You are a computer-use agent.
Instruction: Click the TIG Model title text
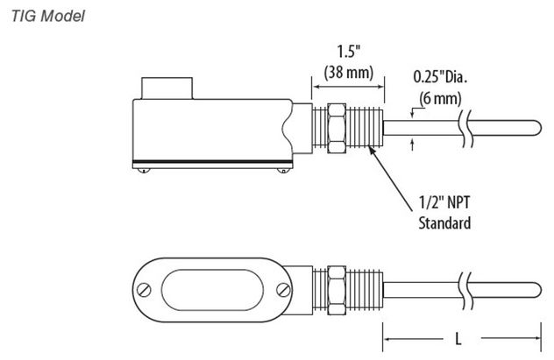point(48,17)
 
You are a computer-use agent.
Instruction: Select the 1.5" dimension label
point(348,52)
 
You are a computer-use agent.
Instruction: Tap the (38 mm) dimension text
point(349,73)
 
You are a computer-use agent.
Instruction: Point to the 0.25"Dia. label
point(440,77)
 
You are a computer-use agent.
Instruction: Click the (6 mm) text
point(440,98)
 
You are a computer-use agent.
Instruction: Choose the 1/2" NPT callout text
point(444,202)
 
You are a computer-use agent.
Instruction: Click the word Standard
point(444,223)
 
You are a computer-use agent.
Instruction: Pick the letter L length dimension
point(458,339)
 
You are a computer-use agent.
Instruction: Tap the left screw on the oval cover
point(144,290)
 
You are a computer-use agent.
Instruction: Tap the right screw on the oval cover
point(283,290)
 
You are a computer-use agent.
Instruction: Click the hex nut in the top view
point(337,128)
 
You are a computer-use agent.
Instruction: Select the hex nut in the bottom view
point(337,290)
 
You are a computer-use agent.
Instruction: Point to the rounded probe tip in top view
point(537,128)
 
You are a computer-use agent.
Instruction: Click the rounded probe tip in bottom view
point(537,290)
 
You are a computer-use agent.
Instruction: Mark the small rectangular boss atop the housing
point(167,88)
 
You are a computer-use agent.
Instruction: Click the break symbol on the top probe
point(465,128)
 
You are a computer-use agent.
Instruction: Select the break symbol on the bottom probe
point(465,290)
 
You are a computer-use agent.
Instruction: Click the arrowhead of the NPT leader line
point(371,149)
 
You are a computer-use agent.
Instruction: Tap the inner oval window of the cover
point(212,290)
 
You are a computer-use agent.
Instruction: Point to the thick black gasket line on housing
point(212,162)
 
